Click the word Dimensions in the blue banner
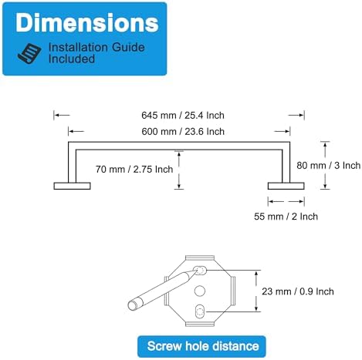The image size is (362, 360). pyautogui.click(x=86, y=23)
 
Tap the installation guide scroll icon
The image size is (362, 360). pyautogui.click(x=29, y=54)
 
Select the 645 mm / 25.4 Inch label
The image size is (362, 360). pyautogui.click(x=183, y=116)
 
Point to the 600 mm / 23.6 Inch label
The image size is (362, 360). pyautogui.click(x=183, y=132)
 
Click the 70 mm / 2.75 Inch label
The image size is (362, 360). pyautogui.click(x=134, y=170)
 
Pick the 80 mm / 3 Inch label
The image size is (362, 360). pyautogui.click(x=328, y=166)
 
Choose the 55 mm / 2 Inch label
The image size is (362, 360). pyautogui.click(x=286, y=217)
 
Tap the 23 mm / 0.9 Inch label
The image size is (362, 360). pyautogui.click(x=298, y=291)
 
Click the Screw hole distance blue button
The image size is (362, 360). pyautogui.click(x=201, y=346)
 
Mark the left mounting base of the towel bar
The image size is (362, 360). pyautogui.click(x=72, y=186)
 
